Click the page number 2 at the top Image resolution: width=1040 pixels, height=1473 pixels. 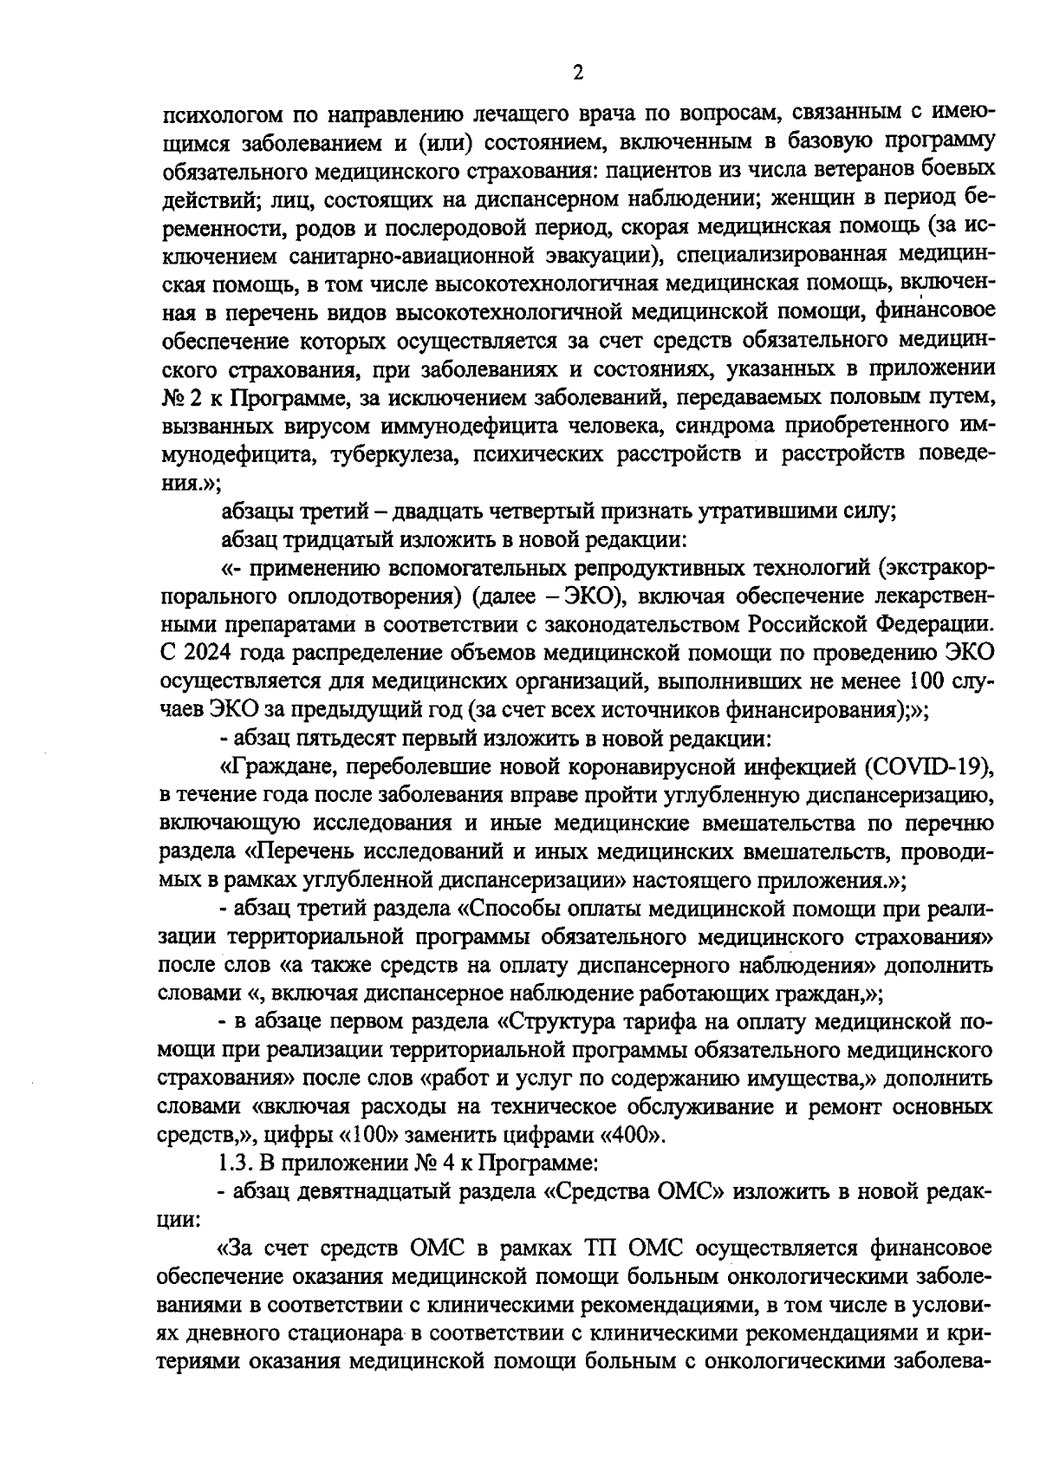[x=577, y=73]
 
